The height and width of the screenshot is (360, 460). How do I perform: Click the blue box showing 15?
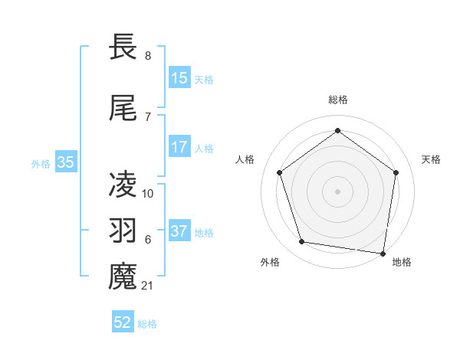pos(179,78)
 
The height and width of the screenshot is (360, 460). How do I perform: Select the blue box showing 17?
pos(179,147)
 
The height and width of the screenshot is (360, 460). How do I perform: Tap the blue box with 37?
pos(179,231)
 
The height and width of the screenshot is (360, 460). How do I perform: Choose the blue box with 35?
pos(66,162)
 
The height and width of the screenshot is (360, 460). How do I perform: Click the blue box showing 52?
pos(123,322)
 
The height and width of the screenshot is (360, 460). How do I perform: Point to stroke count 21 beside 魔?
pos(149,286)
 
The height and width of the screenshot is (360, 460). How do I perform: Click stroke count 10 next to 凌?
pos(149,194)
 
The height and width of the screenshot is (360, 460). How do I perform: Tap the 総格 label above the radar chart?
pos(338,100)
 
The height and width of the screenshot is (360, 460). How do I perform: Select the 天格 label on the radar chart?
pos(432,159)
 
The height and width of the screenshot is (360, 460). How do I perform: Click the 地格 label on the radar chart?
pos(402,262)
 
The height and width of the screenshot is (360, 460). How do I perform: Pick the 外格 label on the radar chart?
pos(270,262)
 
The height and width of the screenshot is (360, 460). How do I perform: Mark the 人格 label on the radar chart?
pos(245,159)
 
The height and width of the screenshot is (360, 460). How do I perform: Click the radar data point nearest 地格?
pos(383,253)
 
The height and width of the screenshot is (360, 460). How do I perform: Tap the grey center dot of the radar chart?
pos(338,191)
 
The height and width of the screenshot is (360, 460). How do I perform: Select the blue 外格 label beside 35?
pos(41,163)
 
